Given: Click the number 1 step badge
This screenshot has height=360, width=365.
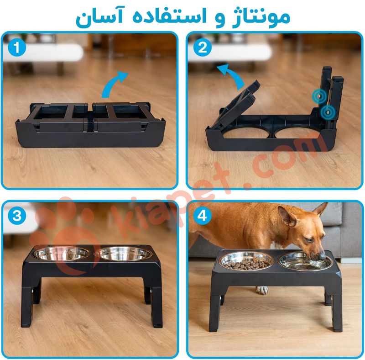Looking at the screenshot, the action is pyautogui.click(x=16, y=48).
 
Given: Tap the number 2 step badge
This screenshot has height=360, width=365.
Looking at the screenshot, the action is pyautogui.click(x=202, y=48).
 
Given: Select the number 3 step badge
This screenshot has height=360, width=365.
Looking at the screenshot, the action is pyautogui.click(x=16, y=216).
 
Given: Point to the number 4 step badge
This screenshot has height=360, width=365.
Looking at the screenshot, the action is pyautogui.click(x=202, y=216).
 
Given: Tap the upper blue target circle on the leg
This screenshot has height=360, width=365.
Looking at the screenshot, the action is pyautogui.click(x=320, y=95).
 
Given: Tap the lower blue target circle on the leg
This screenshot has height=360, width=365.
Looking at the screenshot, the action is pyautogui.click(x=328, y=112).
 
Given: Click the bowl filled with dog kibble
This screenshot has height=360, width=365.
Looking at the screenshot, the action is pyautogui.click(x=246, y=261).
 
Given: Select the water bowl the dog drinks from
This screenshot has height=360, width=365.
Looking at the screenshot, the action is pyautogui.click(x=304, y=262).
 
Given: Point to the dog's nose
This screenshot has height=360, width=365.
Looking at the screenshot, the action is pyautogui.click(x=322, y=255).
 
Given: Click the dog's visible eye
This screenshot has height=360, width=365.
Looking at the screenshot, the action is pyautogui.click(x=309, y=240).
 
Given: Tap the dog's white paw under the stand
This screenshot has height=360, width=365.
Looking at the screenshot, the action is pyautogui.click(x=262, y=290).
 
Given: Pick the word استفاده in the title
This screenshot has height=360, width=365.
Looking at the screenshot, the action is pyautogui.click(x=170, y=16).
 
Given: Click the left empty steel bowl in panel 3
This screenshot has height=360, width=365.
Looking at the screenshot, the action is pyautogui.click(x=61, y=254).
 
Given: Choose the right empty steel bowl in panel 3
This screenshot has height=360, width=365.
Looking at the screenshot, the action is pyautogui.click(x=123, y=254).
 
